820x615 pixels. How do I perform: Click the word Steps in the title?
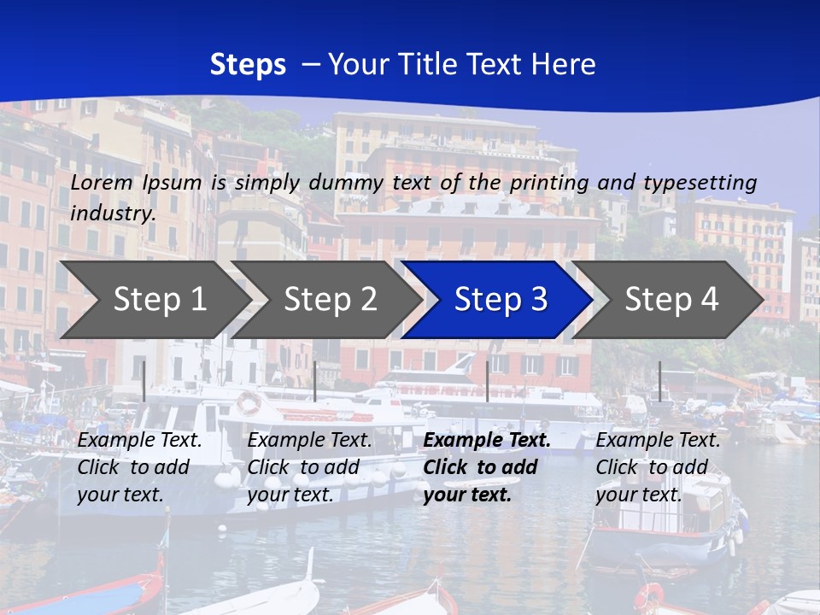248,65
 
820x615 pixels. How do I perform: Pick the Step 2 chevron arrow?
325,300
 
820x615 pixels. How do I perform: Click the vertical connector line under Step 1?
143,381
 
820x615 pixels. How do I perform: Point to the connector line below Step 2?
315,381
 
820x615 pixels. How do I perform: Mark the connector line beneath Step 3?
487,381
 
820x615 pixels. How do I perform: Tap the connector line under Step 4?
659,381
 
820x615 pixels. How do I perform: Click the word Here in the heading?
563,65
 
